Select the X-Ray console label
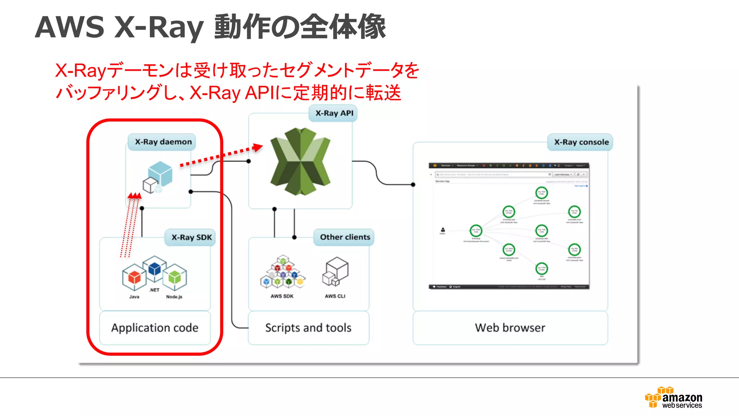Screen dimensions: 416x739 point(581,142)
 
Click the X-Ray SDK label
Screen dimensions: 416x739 point(191,238)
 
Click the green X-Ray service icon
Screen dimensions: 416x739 point(300,161)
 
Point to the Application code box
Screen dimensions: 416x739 point(155,328)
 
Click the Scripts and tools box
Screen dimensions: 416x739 point(308,328)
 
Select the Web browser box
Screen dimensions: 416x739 point(510,328)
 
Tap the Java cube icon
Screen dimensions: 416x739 point(134,277)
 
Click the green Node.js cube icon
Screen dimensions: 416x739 point(175,277)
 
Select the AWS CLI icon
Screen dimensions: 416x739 point(335,272)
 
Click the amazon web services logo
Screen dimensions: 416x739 point(673,398)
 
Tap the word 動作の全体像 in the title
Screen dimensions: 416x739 point(300,27)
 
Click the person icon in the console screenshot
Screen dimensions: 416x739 point(443,230)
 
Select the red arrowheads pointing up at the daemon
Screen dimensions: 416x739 point(134,196)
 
